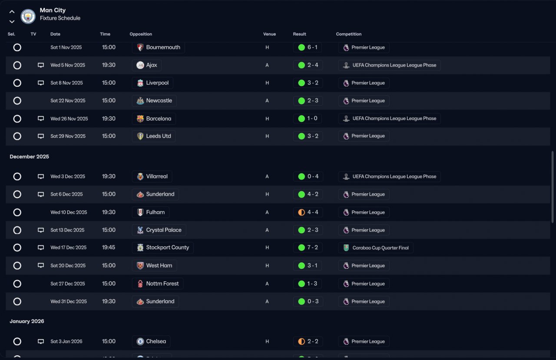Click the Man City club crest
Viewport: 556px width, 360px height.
click(x=28, y=16)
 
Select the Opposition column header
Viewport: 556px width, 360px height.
click(x=141, y=34)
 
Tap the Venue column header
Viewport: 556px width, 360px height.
click(x=269, y=34)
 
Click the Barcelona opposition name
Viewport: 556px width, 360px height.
click(x=159, y=119)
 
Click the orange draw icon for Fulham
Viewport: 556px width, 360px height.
click(x=301, y=212)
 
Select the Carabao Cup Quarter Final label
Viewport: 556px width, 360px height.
click(x=381, y=248)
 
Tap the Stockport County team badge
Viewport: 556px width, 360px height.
click(x=140, y=248)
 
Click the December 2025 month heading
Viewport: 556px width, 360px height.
click(x=30, y=156)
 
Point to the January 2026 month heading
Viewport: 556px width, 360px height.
click(x=27, y=321)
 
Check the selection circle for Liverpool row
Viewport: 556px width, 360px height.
click(x=17, y=83)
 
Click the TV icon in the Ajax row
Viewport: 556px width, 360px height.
click(x=41, y=65)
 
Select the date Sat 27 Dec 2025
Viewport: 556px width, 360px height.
click(x=68, y=284)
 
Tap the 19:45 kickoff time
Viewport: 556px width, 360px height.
click(x=109, y=248)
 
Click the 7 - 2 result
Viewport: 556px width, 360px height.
click(x=313, y=248)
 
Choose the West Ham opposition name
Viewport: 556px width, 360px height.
click(x=159, y=265)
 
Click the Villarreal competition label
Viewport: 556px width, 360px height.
click(x=394, y=176)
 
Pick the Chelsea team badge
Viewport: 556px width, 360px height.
click(x=140, y=341)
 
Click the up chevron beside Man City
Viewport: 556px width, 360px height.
click(x=12, y=12)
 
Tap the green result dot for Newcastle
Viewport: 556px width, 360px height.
click(x=301, y=101)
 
